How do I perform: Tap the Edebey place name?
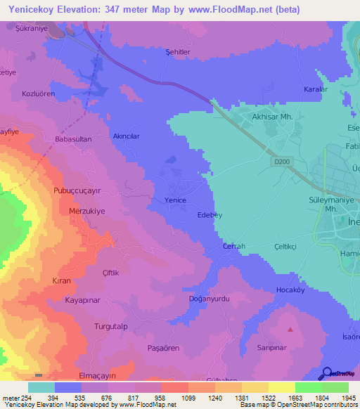click(210, 215)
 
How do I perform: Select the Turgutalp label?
click(111, 327)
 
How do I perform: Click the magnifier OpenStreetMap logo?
click(328, 373)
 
